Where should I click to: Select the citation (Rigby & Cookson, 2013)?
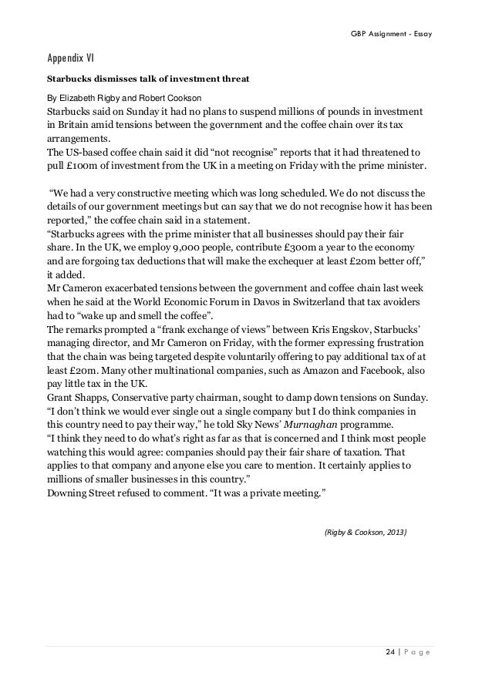point(363,532)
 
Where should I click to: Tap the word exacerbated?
point(134,287)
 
